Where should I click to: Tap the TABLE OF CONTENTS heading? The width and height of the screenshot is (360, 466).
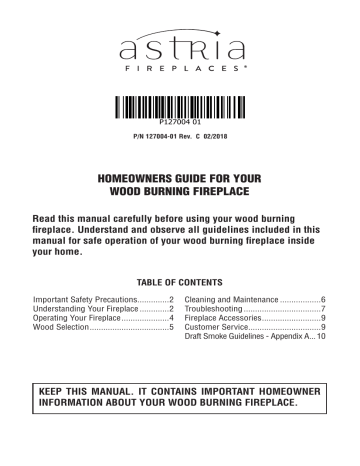point(179,283)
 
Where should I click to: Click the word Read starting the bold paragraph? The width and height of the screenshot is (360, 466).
point(48,216)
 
